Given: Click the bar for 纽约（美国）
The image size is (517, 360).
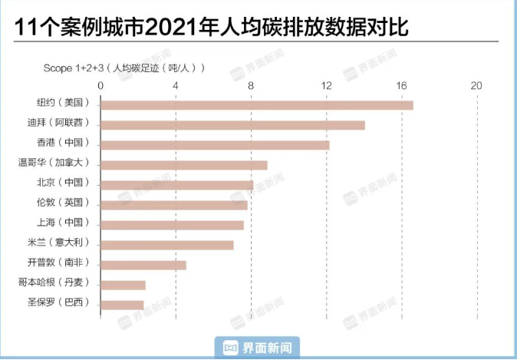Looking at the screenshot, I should click(x=257, y=105).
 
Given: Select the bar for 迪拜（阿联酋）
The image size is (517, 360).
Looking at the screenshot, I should click(x=232, y=125).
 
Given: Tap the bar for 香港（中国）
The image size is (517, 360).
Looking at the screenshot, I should click(x=215, y=145).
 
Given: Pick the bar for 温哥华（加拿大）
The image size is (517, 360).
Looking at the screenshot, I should click(x=184, y=165).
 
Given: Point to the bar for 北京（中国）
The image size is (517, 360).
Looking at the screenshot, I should click(x=176, y=185).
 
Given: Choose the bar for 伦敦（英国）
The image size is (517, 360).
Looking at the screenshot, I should click(x=174, y=205).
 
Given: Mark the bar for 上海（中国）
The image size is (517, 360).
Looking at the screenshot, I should click(x=172, y=225).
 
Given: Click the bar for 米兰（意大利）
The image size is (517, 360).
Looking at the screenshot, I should click(x=167, y=245).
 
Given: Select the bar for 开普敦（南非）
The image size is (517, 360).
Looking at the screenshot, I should click(x=143, y=265).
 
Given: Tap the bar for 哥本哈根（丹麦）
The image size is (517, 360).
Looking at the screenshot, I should click(x=123, y=285).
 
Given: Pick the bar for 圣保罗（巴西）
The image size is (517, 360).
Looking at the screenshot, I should click(x=122, y=305).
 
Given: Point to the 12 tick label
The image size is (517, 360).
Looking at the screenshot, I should click(x=326, y=85).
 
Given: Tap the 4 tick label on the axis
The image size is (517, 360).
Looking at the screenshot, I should click(x=176, y=85).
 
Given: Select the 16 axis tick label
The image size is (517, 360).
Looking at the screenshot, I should click(x=401, y=85).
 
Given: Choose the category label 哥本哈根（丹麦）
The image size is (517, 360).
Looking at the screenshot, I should click(x=54, y=282).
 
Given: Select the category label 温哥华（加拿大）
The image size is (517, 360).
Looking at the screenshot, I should click(x=54, y=163).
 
